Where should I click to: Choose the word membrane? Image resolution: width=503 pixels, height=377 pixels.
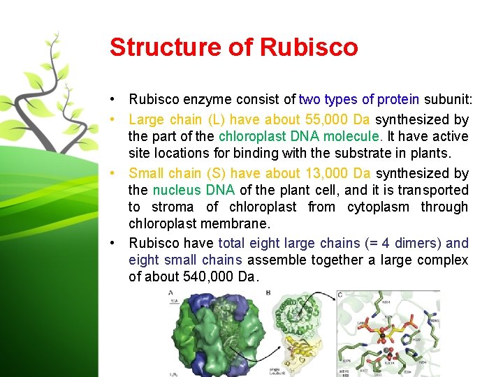click(234, 224)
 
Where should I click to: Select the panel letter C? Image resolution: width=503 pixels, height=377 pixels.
click(340, 294)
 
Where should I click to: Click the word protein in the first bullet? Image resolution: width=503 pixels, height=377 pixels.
click(398, 100)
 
